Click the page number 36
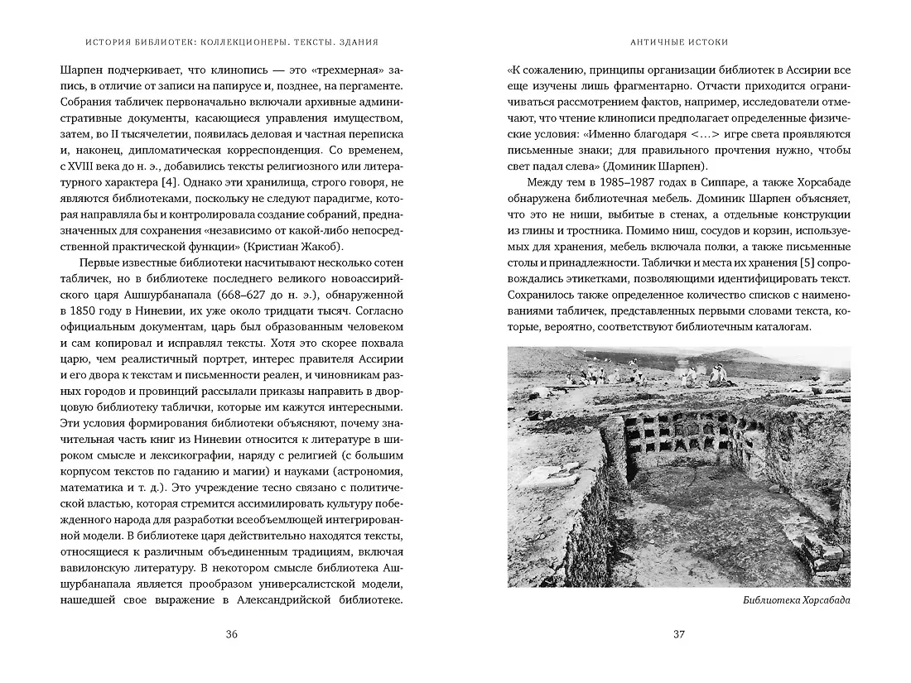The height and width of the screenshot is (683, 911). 231,635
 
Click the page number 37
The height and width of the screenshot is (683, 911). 678,635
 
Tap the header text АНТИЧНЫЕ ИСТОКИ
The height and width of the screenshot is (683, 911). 678,41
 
